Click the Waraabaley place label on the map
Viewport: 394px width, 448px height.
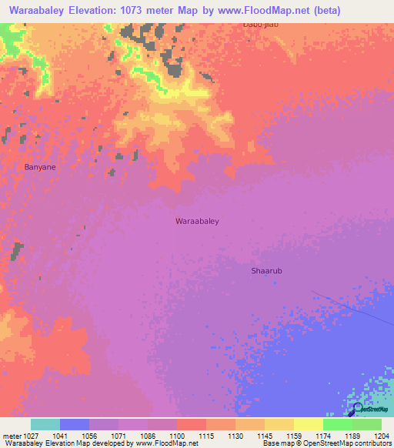point(198,221)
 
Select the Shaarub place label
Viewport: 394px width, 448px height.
point(267,271)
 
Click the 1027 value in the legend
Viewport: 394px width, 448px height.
point(30,436)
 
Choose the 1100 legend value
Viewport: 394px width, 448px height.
point(176,436)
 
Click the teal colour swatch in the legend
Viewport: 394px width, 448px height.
point(45,424)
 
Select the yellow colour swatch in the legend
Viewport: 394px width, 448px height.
point(308,424)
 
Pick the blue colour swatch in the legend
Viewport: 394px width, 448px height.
point(75,424)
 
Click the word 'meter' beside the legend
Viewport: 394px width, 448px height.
point(10,436)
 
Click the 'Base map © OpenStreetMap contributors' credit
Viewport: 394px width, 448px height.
point(326,444)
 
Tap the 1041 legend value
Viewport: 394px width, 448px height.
point(59,436)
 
